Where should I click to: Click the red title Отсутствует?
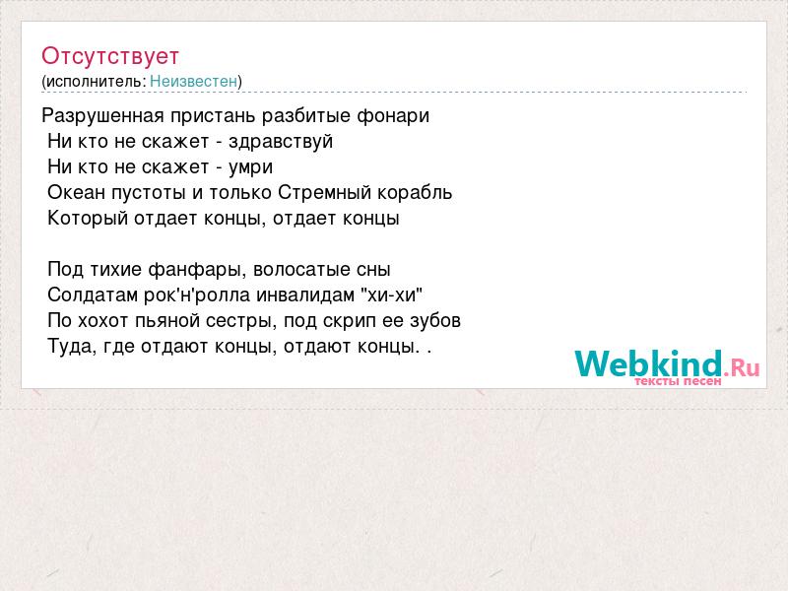click(x=110, y=56)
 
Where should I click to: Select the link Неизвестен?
click(x=193, y=81)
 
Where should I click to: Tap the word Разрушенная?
click(x=102, y=116)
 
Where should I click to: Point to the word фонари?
click(x=393, y=116)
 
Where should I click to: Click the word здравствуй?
click(x=281, y=142)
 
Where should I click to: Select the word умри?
click(x=250, y=167)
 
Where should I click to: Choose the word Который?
click(x=88, y=218)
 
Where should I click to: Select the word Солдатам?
click(x=93, y=295)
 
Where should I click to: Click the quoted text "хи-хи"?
click(x=391, y=295)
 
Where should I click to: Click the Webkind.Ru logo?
click(x=667, y=363)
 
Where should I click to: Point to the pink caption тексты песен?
click(x=678, y=381)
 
